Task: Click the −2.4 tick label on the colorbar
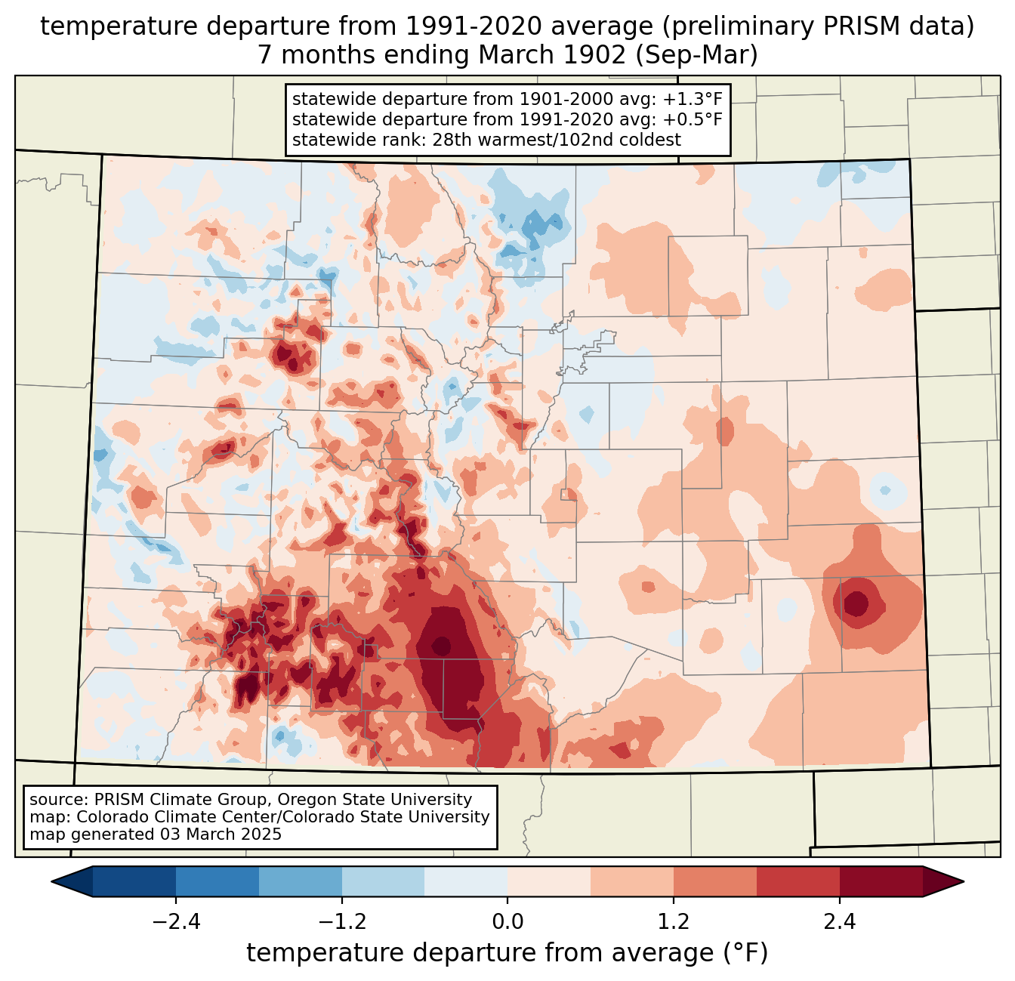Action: tap(175, 922)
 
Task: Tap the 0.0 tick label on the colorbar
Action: tap(507, 922)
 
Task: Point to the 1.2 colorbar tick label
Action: tap(674, 922)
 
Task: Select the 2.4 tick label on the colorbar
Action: tap(839, 922)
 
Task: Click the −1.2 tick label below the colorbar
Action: tap(341, 922)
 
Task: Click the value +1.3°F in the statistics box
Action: tap(693, 100)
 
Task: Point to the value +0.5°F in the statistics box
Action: tap(693, 119)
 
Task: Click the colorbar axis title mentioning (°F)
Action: tap(507, 953)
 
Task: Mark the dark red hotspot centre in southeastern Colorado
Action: tap(856, 603)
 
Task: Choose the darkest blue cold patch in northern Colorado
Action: tap(538, 224)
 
